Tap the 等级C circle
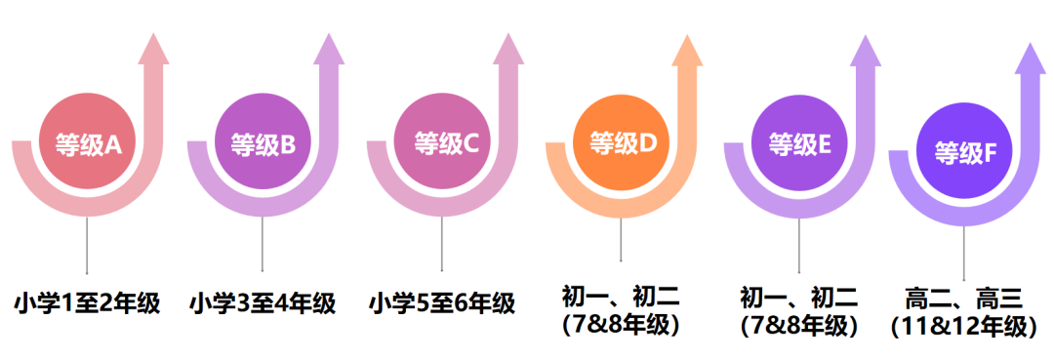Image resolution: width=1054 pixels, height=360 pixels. click(x=442, y=145)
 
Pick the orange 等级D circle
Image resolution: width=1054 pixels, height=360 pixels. click(x=622, y=143)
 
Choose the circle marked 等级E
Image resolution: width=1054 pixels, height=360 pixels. click(x=799, y=145)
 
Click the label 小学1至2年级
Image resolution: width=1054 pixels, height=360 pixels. click(x=87, y=303)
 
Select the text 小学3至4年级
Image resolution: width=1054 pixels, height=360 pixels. click(x=263, y=303)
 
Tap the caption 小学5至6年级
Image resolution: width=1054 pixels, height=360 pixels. click(x=442, y=303)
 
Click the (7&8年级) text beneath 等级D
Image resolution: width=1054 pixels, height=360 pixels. click(x=621, y=325)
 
